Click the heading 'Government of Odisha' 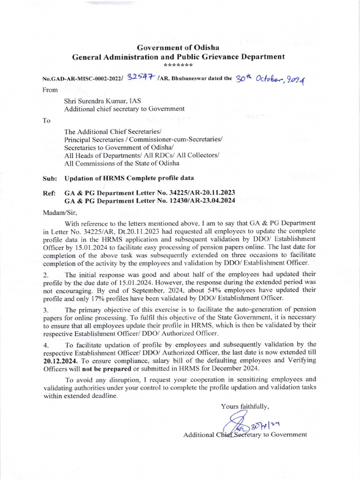(178, 48)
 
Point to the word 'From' (50, 90)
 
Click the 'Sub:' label (50, 178)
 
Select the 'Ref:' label (49, 193)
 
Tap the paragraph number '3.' (46, 310)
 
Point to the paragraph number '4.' (46, 345)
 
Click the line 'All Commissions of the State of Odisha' (121, 163)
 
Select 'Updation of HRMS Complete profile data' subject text (128, 178)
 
